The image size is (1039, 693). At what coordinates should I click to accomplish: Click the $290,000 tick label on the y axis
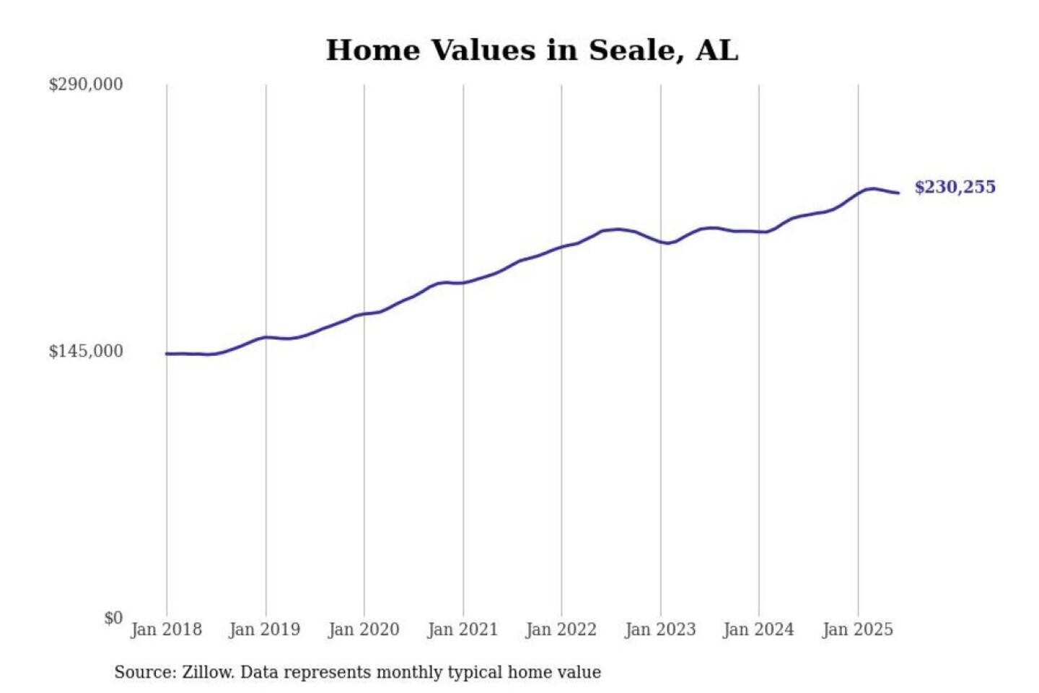(86, 84)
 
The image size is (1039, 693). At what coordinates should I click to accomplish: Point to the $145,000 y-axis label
(86, 352)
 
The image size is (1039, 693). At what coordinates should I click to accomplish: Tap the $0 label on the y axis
(113, 618)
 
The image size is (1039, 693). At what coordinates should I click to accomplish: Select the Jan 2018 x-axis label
(166, 629)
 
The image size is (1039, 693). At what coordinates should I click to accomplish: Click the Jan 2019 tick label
(265, 629)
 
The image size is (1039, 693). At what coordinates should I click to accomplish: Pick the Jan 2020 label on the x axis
(364, 629)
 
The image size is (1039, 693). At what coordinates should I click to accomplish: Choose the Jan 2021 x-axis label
(462, 629)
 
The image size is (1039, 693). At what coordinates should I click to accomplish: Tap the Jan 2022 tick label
(561, 629)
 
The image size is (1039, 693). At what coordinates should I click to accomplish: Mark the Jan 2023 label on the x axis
(660, 629)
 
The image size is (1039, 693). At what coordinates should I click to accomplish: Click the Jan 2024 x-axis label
(758, 629)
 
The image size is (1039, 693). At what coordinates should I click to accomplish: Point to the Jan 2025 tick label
(858, 629)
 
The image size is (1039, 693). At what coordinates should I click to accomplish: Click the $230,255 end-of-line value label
(955, 187)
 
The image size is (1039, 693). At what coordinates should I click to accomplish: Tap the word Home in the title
(372, 51)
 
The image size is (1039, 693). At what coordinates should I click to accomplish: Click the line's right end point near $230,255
(898, 193)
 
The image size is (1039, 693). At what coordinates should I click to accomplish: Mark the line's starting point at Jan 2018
(167, 354)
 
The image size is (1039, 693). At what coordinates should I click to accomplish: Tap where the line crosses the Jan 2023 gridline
(660, 241)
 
